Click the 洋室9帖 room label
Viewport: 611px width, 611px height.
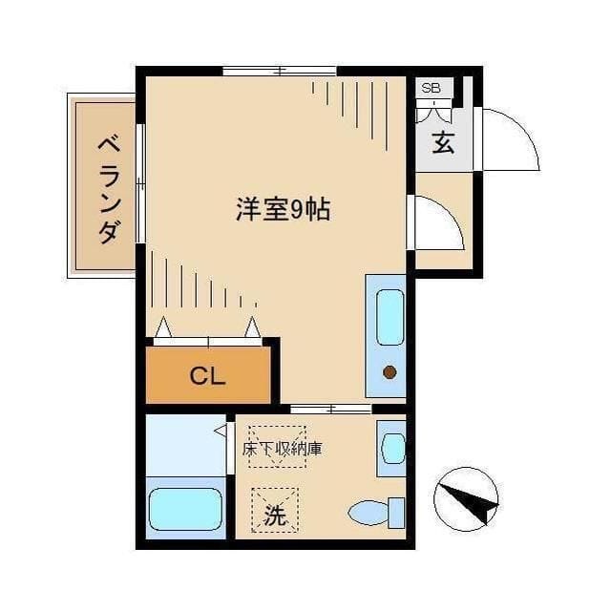pos(283,209)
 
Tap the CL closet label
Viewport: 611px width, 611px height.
pos(207,375)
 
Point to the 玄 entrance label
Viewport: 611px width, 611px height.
pos(442,144)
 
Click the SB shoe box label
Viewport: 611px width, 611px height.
pos(432,89)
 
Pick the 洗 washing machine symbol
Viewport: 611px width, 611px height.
pos(275,516)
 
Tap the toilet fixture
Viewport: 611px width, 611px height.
pos(373,513)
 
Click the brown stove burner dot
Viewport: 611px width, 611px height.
pos(390,373)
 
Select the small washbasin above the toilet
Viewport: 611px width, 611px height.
pos(391,447)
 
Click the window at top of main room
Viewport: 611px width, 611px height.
pos(280,71)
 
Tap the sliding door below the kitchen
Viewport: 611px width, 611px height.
pos(329,409)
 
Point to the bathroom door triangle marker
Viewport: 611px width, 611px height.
pos(221,431)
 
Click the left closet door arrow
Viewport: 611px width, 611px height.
pos(163,327)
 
